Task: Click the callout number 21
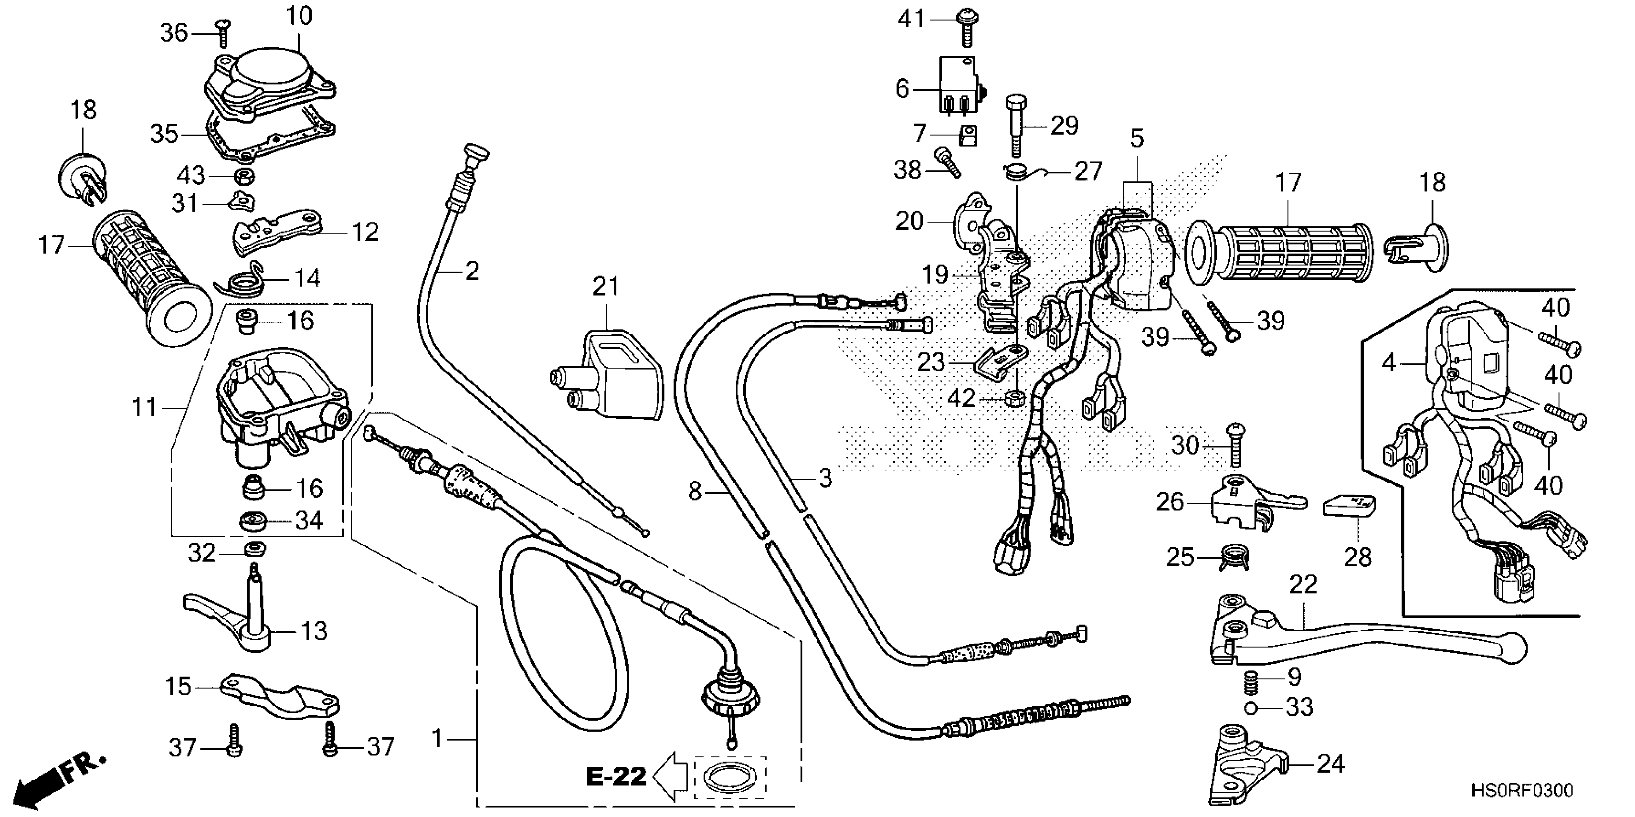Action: point(605,287)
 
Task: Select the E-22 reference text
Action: point(615,776)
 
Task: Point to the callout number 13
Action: point(314,631)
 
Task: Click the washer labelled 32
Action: point(254,549)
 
